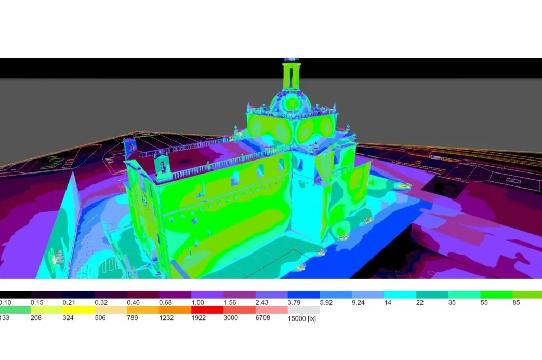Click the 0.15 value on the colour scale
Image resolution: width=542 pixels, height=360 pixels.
[x=37, y=303]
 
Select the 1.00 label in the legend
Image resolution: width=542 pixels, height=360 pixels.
[x=197, y=303]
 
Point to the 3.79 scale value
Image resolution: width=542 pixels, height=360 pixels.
[x=294, y=303]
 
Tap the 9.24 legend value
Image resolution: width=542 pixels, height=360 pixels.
[x=359, y=303]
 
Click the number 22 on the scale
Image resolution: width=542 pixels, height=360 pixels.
[x=420, y=303]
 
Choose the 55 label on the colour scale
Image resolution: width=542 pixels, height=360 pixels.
[x=484, y=303]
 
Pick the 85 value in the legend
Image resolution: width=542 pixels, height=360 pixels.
[x=516, y=303]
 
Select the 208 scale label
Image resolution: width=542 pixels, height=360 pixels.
[x=36, y=318]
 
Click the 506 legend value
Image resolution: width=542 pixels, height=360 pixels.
[x=100, y=318]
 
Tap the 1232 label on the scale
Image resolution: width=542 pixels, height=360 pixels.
[x=166, y=318]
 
